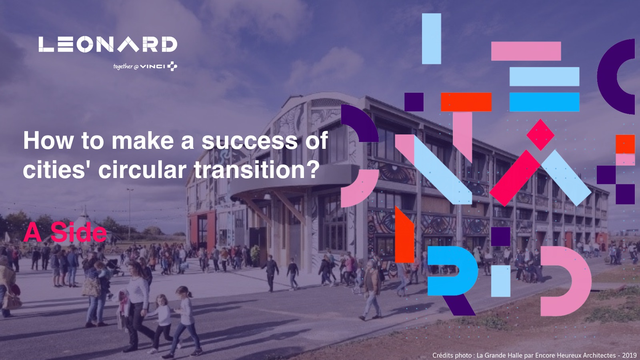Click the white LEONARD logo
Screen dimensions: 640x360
click(x=108, y=44)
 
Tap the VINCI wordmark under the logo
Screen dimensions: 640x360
click(x=152, y=66)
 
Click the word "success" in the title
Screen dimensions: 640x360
click(x=250, y=140)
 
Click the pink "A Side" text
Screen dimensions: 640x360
click(x=65, y=232)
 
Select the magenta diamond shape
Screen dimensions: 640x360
click(x=540, y=134)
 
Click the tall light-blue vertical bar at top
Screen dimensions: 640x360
click(x=432, y=38)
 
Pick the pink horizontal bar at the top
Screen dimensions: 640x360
click(x=526, y=51)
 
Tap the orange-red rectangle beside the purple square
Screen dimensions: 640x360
click(x=466, y=102)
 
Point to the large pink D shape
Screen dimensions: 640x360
click(x=580, y=282)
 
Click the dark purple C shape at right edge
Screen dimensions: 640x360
click(x=608, y=76)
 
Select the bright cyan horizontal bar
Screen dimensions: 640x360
click(x=544, y=102)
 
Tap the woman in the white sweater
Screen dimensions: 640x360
click(x=138, y=306)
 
